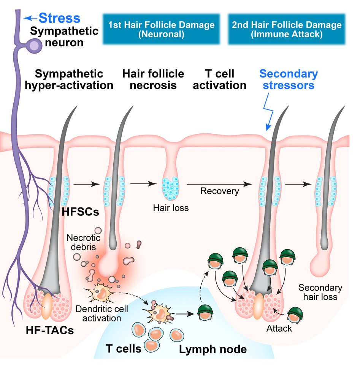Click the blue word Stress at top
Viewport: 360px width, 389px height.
coord(59,18)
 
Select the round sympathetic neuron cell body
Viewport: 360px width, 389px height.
coord(35,46)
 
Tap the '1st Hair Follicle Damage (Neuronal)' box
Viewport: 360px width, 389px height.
coord(161,30)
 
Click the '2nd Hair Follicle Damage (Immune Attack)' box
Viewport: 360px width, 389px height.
coord(287,30)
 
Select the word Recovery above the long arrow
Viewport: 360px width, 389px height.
coord(220,191)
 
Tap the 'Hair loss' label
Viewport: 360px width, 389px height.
coord(171,208)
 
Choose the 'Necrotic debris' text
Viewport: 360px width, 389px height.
coord(83,243)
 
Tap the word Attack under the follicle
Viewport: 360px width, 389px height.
coord(279,328)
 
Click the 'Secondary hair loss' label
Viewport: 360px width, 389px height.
coord(320,292)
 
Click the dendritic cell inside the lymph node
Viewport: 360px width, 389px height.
coord(159,313)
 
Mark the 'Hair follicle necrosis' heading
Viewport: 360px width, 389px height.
coord(153,79)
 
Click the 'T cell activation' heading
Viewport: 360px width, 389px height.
coord(219,79)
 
